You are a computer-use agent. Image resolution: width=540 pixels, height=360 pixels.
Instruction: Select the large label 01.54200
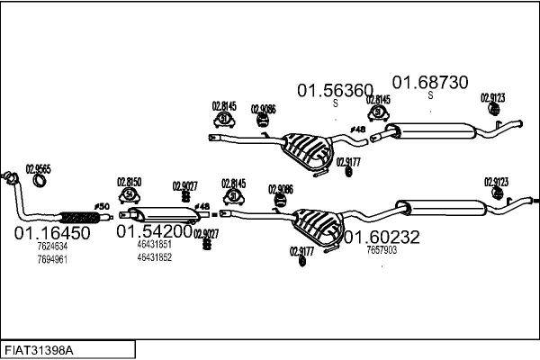pyautogui.click(x=155, y=231)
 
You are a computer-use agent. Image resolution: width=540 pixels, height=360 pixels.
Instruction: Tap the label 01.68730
pyautogui.click(x=430, y=82)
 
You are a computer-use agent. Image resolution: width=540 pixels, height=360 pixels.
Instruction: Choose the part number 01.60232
pyautogui.click(x=382, y=238)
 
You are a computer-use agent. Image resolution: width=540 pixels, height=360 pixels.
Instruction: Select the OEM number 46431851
pyautogui.click(x=155, y=245)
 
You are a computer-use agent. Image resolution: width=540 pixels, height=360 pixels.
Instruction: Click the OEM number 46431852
pyautogui.click(x=155, y=257)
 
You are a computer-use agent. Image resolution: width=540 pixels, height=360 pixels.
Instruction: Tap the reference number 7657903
pyautogui.click(x=382, y=250)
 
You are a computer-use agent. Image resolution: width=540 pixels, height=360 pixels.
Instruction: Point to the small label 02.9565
pyautogui.click(x=38, y=167)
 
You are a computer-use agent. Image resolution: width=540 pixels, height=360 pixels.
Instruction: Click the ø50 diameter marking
pyautogui.click(x=102, y=208)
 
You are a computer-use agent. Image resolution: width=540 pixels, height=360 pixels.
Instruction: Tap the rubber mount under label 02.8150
pyautogui.click(x=130, y=194)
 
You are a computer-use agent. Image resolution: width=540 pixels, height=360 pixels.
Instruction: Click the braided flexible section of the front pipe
pyautogui.click(x=77, y=216)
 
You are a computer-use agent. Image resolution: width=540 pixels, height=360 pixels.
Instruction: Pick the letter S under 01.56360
pyautogui.click(x=336, y=103)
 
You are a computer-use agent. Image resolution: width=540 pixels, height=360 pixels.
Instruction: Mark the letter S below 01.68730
pyautogui.click(x=430, y=95)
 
